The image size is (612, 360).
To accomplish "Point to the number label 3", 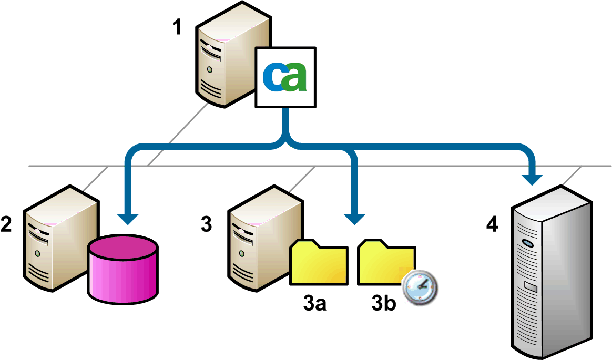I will [x=207, y=224].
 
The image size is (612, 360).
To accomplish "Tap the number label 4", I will [x=492, y=224].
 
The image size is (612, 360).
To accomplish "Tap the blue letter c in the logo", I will [x=273, y=77].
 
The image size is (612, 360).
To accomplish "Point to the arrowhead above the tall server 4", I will [x=534, y=179].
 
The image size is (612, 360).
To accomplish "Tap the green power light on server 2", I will [x=37, y=253].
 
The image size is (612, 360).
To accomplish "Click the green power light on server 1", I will [x=210, y=69].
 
